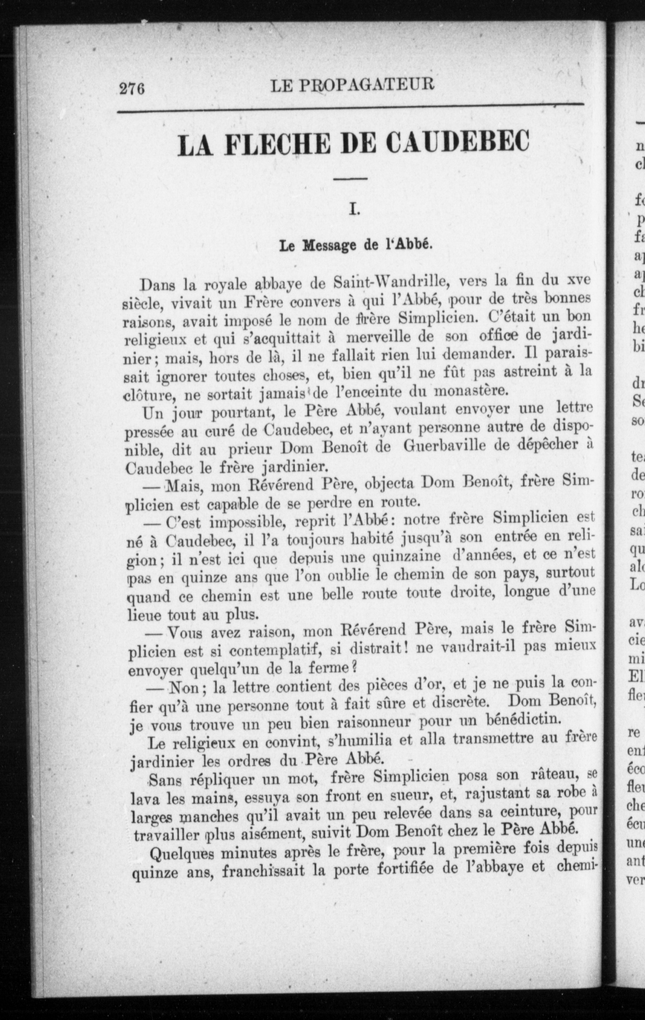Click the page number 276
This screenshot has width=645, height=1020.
[x=133, y=89]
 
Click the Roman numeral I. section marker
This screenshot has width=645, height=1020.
[x=353, y=209]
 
